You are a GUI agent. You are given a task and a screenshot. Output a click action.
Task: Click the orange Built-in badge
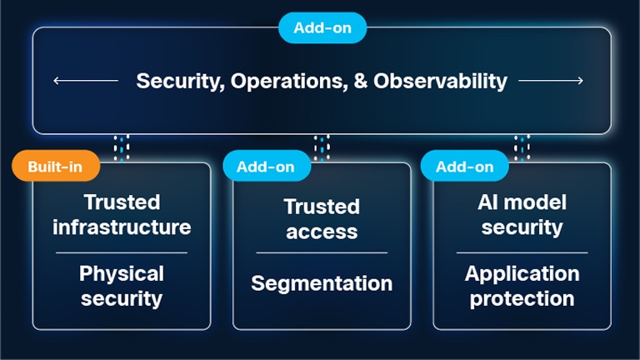coord(55,167)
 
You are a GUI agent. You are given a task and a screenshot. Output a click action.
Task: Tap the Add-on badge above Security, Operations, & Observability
coord(322,27)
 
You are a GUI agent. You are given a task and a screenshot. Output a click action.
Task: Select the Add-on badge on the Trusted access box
coord(266,167)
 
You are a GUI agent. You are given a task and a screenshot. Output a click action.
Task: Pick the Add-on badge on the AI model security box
coord(465,167)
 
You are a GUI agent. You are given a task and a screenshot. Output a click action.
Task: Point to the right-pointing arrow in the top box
coord(551,81)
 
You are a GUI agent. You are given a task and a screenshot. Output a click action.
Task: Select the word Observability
coord(440,81)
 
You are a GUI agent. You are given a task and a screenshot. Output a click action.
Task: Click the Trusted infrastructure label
coord(122,214)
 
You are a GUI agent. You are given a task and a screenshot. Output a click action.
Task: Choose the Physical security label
coord(122,286)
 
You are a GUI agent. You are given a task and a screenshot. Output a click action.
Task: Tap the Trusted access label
coord(322,218)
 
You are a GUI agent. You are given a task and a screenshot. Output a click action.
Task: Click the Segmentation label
coord(322,283)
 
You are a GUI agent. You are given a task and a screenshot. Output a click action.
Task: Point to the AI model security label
coord(522,214)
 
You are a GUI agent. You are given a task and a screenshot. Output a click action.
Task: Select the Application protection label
coord(522,286)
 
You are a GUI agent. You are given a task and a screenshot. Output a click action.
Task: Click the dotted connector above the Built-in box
coord(122,147)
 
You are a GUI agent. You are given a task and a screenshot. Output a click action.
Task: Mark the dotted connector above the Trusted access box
coord(322,147)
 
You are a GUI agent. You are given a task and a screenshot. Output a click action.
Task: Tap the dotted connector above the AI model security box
coord(522,147)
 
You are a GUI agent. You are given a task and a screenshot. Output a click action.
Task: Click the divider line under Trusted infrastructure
coord(122,252)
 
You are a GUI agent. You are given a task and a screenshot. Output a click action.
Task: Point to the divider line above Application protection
coord(522,252)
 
